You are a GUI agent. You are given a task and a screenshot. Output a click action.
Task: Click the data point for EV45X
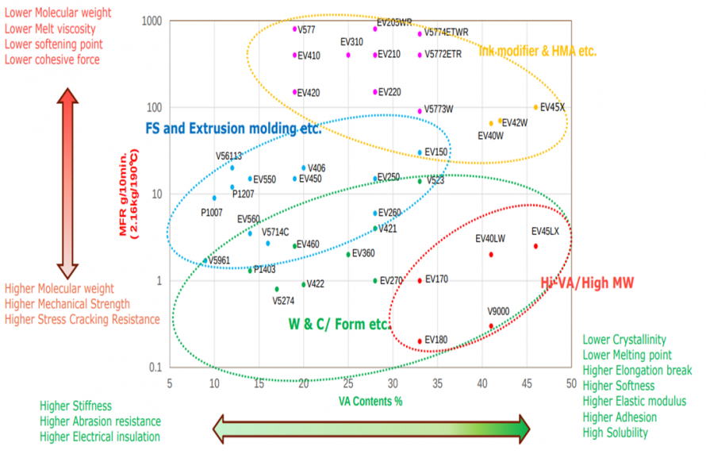535,107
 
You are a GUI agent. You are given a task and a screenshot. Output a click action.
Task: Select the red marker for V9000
491,326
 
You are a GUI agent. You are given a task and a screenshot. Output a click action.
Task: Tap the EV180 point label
436,340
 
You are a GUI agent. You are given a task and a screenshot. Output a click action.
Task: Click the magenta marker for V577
295,29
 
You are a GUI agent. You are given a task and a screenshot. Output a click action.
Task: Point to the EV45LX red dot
535,246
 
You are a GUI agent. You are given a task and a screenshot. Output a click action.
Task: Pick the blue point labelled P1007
214,198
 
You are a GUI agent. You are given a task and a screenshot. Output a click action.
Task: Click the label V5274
283,301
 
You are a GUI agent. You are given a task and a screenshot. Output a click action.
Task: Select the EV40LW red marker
491,255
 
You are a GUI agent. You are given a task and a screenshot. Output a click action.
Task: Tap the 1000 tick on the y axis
152,21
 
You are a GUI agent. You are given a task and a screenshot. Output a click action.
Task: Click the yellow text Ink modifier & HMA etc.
538,52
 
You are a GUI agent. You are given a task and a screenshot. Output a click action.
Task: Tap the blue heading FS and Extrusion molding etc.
233,128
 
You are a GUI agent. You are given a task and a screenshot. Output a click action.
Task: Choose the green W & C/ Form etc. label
340,324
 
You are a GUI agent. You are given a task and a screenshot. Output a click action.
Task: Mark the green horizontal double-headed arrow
371,428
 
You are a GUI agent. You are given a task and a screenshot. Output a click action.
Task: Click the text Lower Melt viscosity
51,29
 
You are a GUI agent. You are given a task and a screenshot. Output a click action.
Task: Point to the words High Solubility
615,433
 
